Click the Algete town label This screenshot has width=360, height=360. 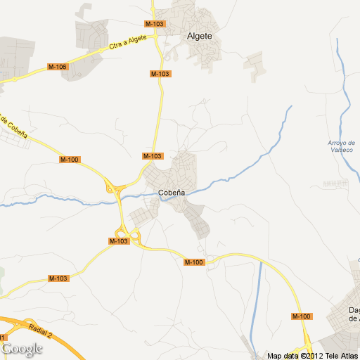click(200, 37)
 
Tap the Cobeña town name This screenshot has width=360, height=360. click(172, 192)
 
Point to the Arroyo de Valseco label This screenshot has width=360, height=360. click(342, 147)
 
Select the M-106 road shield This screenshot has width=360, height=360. click(57, 67)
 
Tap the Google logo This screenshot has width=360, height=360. click(22, 348)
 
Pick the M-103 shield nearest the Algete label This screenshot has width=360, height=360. click(156, 24)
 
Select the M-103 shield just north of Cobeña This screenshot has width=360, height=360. click(152, 156)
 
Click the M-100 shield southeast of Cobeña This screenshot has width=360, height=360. click(193, 262)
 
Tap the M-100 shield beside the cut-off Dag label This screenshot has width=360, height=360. click(302, 316)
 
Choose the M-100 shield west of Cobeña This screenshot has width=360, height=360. click(70, 160)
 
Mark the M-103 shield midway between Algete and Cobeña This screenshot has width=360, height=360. click(160, 74)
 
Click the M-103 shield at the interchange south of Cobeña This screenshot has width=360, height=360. click(119, 241)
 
